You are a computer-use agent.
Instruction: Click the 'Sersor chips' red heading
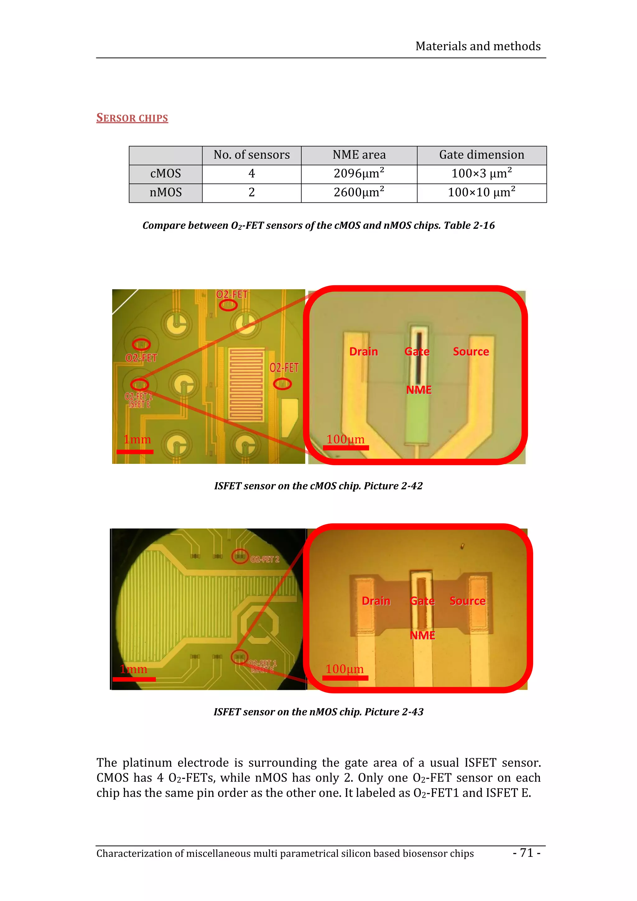[x=132, y=118]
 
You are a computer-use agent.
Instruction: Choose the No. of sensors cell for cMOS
[x=251, y=173]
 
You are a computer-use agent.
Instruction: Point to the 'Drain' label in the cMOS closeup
[x=363, y=352]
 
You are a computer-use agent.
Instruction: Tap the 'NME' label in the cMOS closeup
[x=418, y=390]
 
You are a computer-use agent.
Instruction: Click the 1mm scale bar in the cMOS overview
[x=135, y=452]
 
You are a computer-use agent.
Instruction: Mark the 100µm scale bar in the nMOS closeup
[x=345, y=678]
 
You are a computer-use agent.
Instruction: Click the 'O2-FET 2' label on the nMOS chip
[x=265, y=559]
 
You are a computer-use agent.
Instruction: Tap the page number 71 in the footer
[x=526, y=853]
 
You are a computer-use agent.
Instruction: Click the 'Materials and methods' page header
[x=478, y=46]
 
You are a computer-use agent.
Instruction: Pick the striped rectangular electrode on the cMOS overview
[x=246, y=384]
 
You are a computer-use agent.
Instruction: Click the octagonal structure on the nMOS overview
[x=259, y=624]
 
